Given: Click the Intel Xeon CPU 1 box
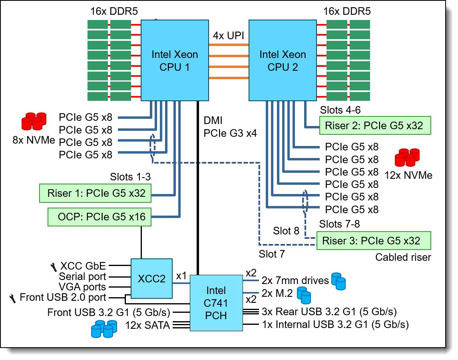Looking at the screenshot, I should tap(175, 60).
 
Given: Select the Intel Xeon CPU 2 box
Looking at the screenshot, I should tap(283, 60).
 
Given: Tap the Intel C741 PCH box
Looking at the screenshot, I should tap(216, 303).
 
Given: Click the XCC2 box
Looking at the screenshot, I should tap(151, 278).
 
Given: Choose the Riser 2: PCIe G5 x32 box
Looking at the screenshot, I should tap(374, 126).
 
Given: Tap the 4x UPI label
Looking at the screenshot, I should tap(228, 36).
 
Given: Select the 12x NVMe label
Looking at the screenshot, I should tap(408, 175).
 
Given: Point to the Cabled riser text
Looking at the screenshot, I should tap(403, 257).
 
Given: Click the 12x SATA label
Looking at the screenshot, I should tap(147, 325).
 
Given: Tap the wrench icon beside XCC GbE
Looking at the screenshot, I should tap(53, 266).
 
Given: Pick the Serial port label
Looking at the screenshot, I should tap(82, 276).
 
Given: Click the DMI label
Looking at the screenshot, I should tap(213, 120).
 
